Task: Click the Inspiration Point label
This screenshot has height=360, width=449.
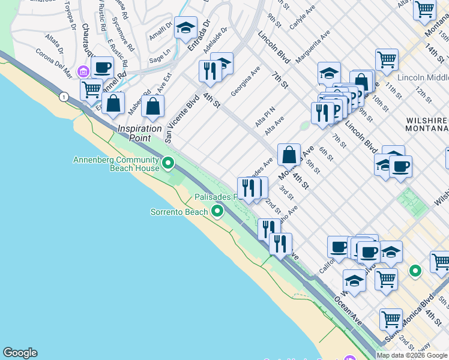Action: tap(140, 128)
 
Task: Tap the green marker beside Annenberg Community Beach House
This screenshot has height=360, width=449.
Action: tap(169, 163)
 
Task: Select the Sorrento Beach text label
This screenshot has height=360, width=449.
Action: tap(178, 212)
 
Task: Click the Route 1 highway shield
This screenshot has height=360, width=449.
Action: tap(62, 96)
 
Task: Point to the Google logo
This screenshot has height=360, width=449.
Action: tap(20, 353)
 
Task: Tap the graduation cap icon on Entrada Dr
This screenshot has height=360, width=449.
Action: tap(186, 28)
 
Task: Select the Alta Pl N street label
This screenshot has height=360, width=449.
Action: tap(264, 116)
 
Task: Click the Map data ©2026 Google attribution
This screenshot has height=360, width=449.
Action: tap(412, 355)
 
